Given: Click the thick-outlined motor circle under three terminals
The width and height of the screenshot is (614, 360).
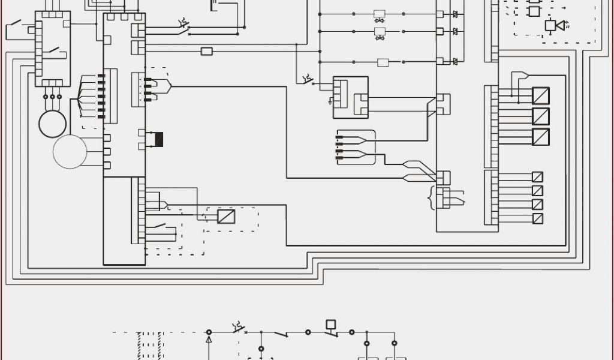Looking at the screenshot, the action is pyautogui.click(x=53, y=122).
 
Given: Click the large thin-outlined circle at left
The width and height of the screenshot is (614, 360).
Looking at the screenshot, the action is pyautogui.click(x=70, y=151).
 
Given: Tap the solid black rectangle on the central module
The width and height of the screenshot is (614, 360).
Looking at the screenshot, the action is pyautogui.click(x=159, y=139).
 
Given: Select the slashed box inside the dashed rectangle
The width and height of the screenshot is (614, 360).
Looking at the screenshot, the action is pyautogui.click(x=226, y=217).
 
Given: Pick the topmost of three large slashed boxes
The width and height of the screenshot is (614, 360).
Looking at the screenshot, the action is pyautogui.click(x=540, y=96).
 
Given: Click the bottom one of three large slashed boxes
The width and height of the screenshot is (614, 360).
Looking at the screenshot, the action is pyautogui.click(x=540, y=136).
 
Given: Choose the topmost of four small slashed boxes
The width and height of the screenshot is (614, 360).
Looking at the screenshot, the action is pyautogui.click(x=537, y=177).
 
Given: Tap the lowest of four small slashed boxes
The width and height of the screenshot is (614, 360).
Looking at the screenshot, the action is pyautogui.click(x=537, y=218).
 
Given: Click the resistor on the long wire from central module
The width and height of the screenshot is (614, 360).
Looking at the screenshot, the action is pyautogui.click(x=206, y=52).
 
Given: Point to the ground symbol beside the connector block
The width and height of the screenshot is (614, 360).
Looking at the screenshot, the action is pyautogui.click(x=330, y=103).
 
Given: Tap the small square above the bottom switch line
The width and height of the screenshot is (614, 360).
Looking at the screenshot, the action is pyautogui.click(x=330, y=324).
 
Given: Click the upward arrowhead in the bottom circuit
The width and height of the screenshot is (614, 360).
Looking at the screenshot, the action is pyautogui.click(x=209, y=340).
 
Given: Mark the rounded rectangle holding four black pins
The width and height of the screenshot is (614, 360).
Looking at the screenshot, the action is pyautogui.click(x=356, y=147).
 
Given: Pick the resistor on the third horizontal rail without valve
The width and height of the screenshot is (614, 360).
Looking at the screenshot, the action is pyautogui.click(x=383, y=62).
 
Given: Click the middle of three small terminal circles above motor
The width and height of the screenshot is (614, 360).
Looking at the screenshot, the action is pyautogui.click(x=52, y=97).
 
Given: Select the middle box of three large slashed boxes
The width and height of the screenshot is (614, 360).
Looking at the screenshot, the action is pyautogui.click(x=540, y=116).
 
